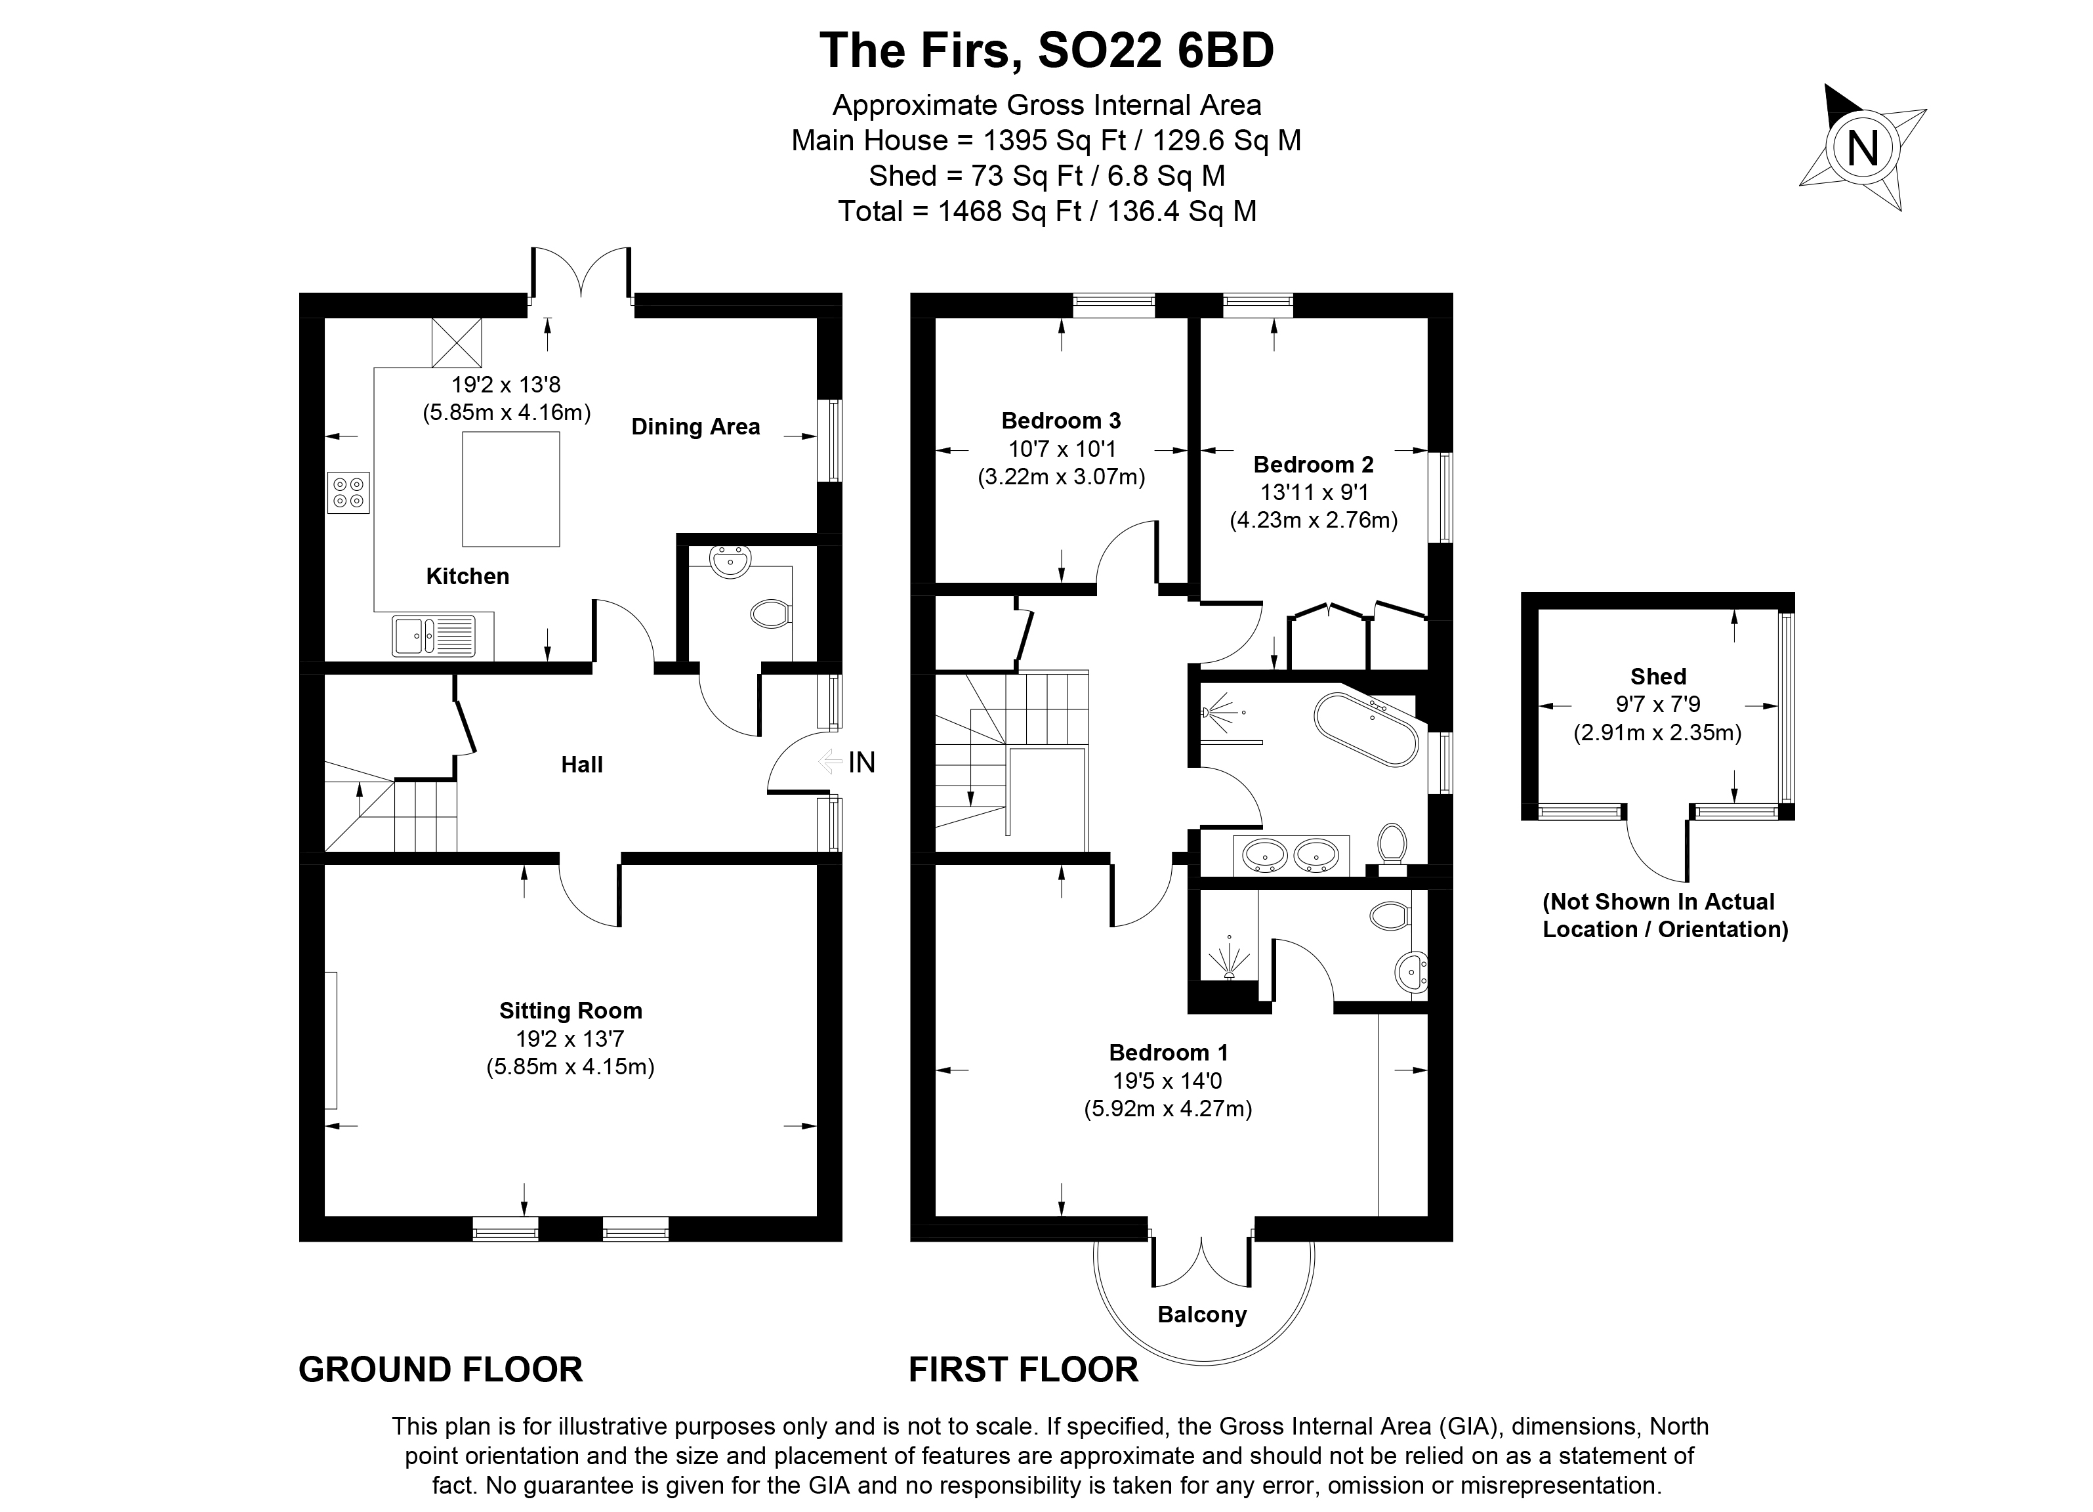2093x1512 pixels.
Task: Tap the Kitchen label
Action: [467, 576]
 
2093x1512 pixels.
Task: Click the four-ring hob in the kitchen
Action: [348, 492]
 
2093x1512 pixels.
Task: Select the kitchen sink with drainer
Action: [434, 636]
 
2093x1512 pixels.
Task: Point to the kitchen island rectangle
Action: [510, 489]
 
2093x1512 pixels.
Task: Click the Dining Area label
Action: [695, 427]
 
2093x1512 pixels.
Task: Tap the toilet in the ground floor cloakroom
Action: [770, 614]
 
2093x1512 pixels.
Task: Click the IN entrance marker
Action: [860, 763]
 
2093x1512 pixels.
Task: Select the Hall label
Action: [581, 765]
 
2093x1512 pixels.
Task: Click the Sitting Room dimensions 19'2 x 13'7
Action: [570, 1039]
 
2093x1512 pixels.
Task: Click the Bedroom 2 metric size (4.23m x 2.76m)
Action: [1313, 520]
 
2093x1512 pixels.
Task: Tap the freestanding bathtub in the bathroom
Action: [1366, 728]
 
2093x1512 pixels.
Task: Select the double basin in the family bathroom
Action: [1290, 855]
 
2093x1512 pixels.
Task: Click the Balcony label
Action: [1201, 1314]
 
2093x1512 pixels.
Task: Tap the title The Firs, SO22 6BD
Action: [1046, 51]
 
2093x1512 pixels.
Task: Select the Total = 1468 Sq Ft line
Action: [1046, 211]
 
